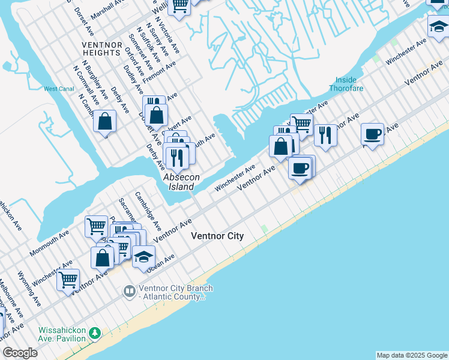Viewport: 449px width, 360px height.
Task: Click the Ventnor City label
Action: point(217,236)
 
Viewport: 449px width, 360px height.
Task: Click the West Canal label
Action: point(59,89)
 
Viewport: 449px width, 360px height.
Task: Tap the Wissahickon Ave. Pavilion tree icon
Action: point(94,332)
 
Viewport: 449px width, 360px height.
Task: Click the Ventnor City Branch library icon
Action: point(129,292)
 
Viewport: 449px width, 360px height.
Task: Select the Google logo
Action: point(20,353)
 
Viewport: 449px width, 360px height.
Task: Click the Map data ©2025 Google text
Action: point(412,355)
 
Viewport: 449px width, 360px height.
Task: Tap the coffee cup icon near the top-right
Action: point(373,134)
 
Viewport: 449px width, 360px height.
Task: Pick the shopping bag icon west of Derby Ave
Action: point(104,121)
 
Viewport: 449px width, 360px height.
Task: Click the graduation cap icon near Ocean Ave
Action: point(143,257)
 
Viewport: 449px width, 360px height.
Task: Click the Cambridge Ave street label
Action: point(147,210)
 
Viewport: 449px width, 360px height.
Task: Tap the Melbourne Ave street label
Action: point(11,298)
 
